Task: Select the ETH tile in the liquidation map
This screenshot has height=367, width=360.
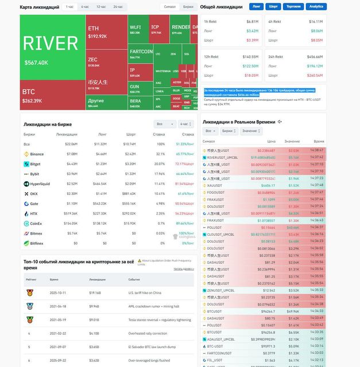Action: (106, 32)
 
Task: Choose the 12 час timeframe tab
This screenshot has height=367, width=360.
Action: (101, 7)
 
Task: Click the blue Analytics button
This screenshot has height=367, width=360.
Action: (316, 7)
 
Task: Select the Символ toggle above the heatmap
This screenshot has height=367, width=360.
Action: (170, 7)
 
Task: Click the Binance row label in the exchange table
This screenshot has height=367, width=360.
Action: (36, 154)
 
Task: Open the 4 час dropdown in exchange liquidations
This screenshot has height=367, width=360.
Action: (186, 124)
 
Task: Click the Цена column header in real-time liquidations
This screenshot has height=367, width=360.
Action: (272, 141)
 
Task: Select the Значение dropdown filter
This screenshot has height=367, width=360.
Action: (250, 131)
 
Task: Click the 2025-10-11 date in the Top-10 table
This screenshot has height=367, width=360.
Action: (58, 292)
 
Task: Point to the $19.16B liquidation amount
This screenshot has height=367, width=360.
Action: (95, 292)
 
